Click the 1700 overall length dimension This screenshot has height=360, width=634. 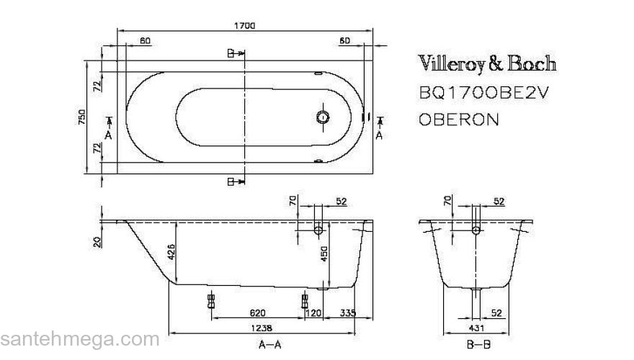(x=245, y=25)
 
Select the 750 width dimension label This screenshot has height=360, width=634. (x=81, y=117)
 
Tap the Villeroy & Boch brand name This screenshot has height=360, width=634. (x=488, y=64)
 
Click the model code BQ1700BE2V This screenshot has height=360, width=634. (x=478, y=94)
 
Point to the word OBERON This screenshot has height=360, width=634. (x=458, y=119)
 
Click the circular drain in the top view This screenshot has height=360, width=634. (x=323, y=117)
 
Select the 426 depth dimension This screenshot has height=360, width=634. (x=171, y=251)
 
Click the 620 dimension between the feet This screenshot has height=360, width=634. (x=257, y=313)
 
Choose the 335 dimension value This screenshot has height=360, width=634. (x=349, y=313)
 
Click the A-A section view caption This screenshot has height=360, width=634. (x=269, y=345)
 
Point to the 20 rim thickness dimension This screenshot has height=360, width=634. (x=96, y=241)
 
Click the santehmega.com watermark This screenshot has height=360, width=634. (x=79, y=339)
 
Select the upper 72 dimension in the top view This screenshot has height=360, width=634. (x=96, y=86)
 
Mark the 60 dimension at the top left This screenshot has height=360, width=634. (x=146, y=41)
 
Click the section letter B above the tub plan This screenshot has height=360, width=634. (x=230, y=53)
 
